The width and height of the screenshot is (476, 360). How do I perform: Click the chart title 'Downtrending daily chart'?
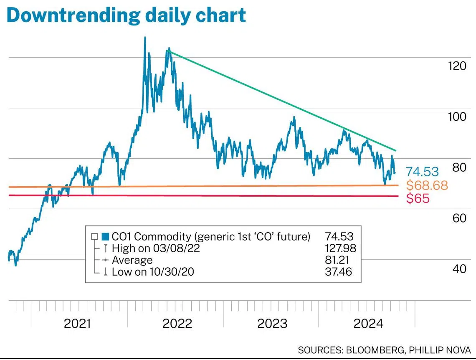click(126, 15)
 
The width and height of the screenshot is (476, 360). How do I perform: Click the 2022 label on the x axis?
click(177, 324)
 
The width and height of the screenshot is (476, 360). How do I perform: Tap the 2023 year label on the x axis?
click(272, 324)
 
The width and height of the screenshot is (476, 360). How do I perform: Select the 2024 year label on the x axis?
click(368, 324)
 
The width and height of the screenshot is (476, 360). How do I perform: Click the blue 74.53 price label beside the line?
click(422, 171)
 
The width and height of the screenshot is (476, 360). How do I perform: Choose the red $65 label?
click(418, 198)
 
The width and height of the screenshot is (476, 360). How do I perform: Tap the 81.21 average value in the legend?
click(338, 260)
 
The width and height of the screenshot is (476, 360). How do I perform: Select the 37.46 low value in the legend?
click(338, 272)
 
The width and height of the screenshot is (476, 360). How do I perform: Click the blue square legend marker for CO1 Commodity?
click(105, 237)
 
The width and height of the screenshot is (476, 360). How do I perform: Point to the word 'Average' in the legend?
click(132, 260)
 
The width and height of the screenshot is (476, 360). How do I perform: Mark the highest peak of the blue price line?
click(145, 38)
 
